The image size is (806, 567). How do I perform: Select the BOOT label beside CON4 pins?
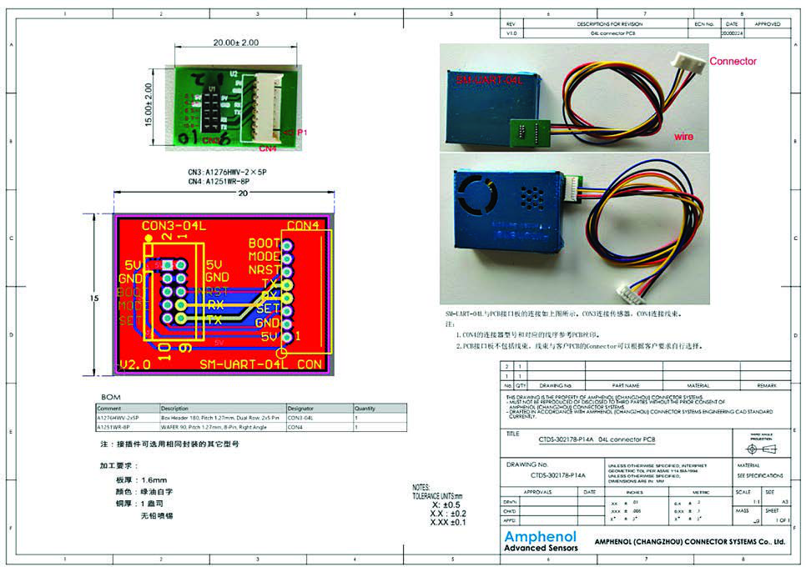coord(265,243)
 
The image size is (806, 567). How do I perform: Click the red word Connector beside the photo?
coord(733,61)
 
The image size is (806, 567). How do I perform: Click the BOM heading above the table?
coord(111,397)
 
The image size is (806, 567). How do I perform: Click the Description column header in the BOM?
coord(177,409)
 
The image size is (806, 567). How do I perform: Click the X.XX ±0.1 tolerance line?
coord(448,523)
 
